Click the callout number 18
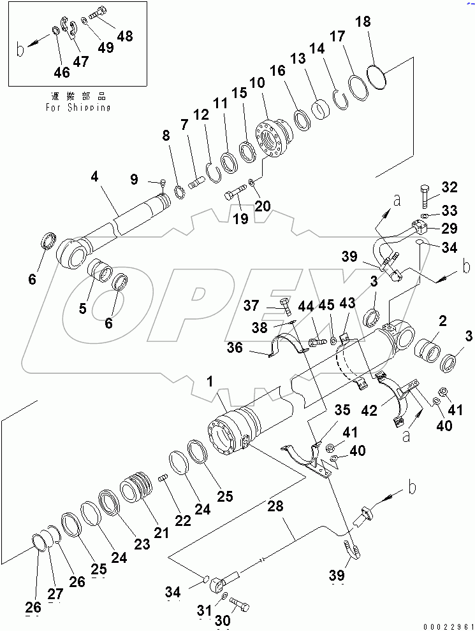click(x=362, y=23)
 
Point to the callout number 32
click(x=449, y=187)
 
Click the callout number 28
click(x=275, y=507)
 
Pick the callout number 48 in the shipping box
click(x=125, y=36)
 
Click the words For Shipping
click(x=78, y=108)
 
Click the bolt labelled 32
click(x=427, y=190)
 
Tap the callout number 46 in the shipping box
click(x=61, y=73)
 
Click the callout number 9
click(x=134, y=180)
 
